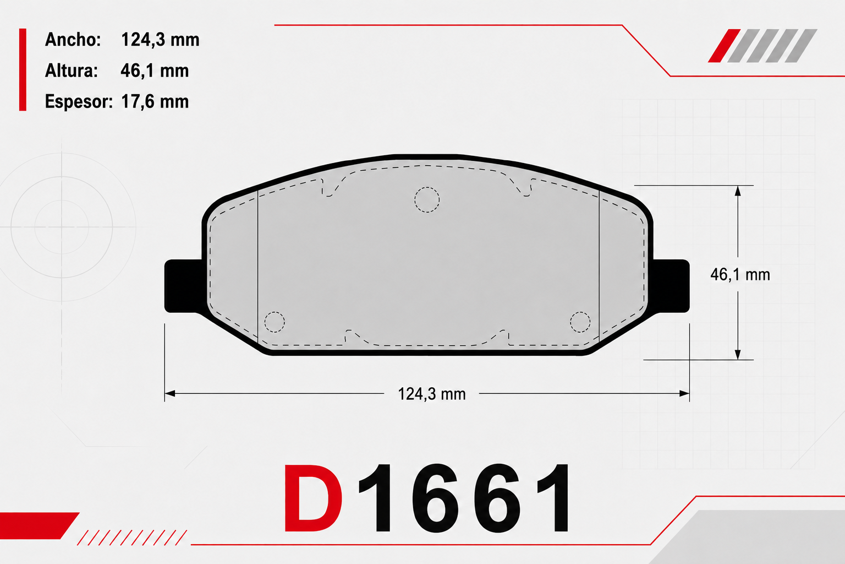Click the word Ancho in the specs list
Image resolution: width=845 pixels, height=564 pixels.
pos(73,40)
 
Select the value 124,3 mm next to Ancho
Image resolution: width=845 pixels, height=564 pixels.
pos(160,40)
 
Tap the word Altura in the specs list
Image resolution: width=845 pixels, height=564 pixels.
pos(72,70)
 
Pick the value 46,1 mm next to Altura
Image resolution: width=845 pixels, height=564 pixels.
pos(155,70)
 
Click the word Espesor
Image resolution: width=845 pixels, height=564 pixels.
pos(79,101)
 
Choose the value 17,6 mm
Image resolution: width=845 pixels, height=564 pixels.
pos(155,101)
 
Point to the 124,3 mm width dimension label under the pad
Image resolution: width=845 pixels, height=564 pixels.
pos(431,394)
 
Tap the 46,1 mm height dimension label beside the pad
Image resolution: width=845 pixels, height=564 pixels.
pos(740,275)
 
